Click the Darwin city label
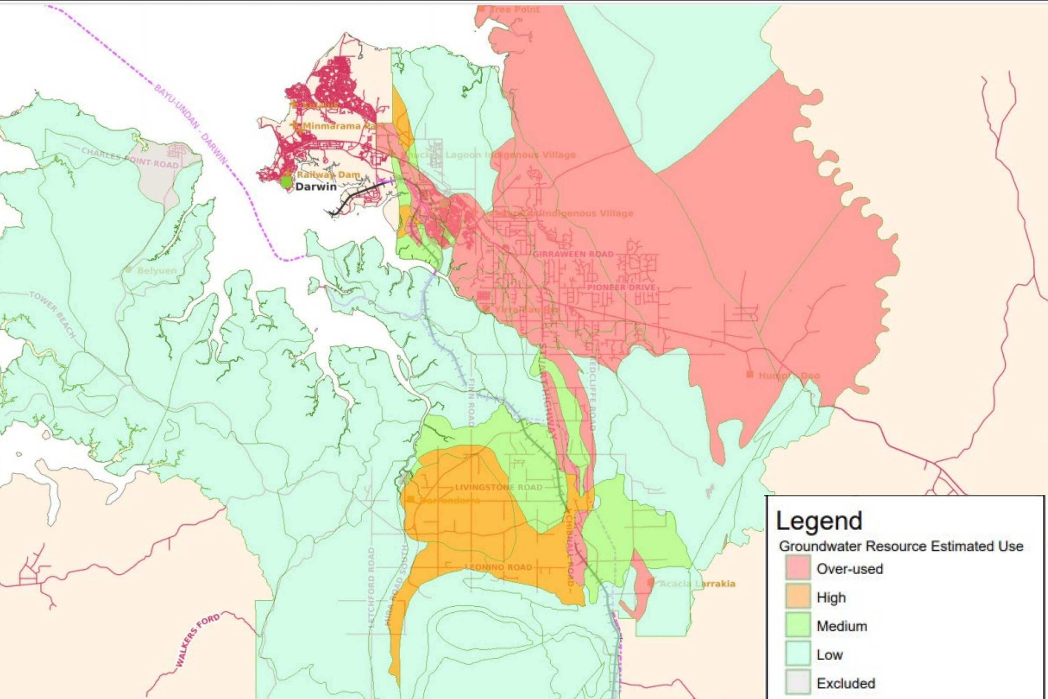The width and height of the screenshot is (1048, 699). coord(316,186)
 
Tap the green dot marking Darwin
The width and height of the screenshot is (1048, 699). coord(286,182)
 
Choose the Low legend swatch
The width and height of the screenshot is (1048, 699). coord(798,654)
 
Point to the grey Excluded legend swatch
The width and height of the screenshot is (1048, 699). coord(798,683)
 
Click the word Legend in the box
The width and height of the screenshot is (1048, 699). coord(819,521)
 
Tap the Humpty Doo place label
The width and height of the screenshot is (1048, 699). coord(789,375)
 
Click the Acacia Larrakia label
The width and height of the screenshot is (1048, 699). coord(697,584)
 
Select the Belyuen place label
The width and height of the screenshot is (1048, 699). coord(157,271)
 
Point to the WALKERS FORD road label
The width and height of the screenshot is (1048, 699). coord(197,640)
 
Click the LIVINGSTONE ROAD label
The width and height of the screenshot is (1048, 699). coord(498,487)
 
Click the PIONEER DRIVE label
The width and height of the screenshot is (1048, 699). coord(621,287)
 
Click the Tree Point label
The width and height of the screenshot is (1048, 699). coord(514,9)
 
